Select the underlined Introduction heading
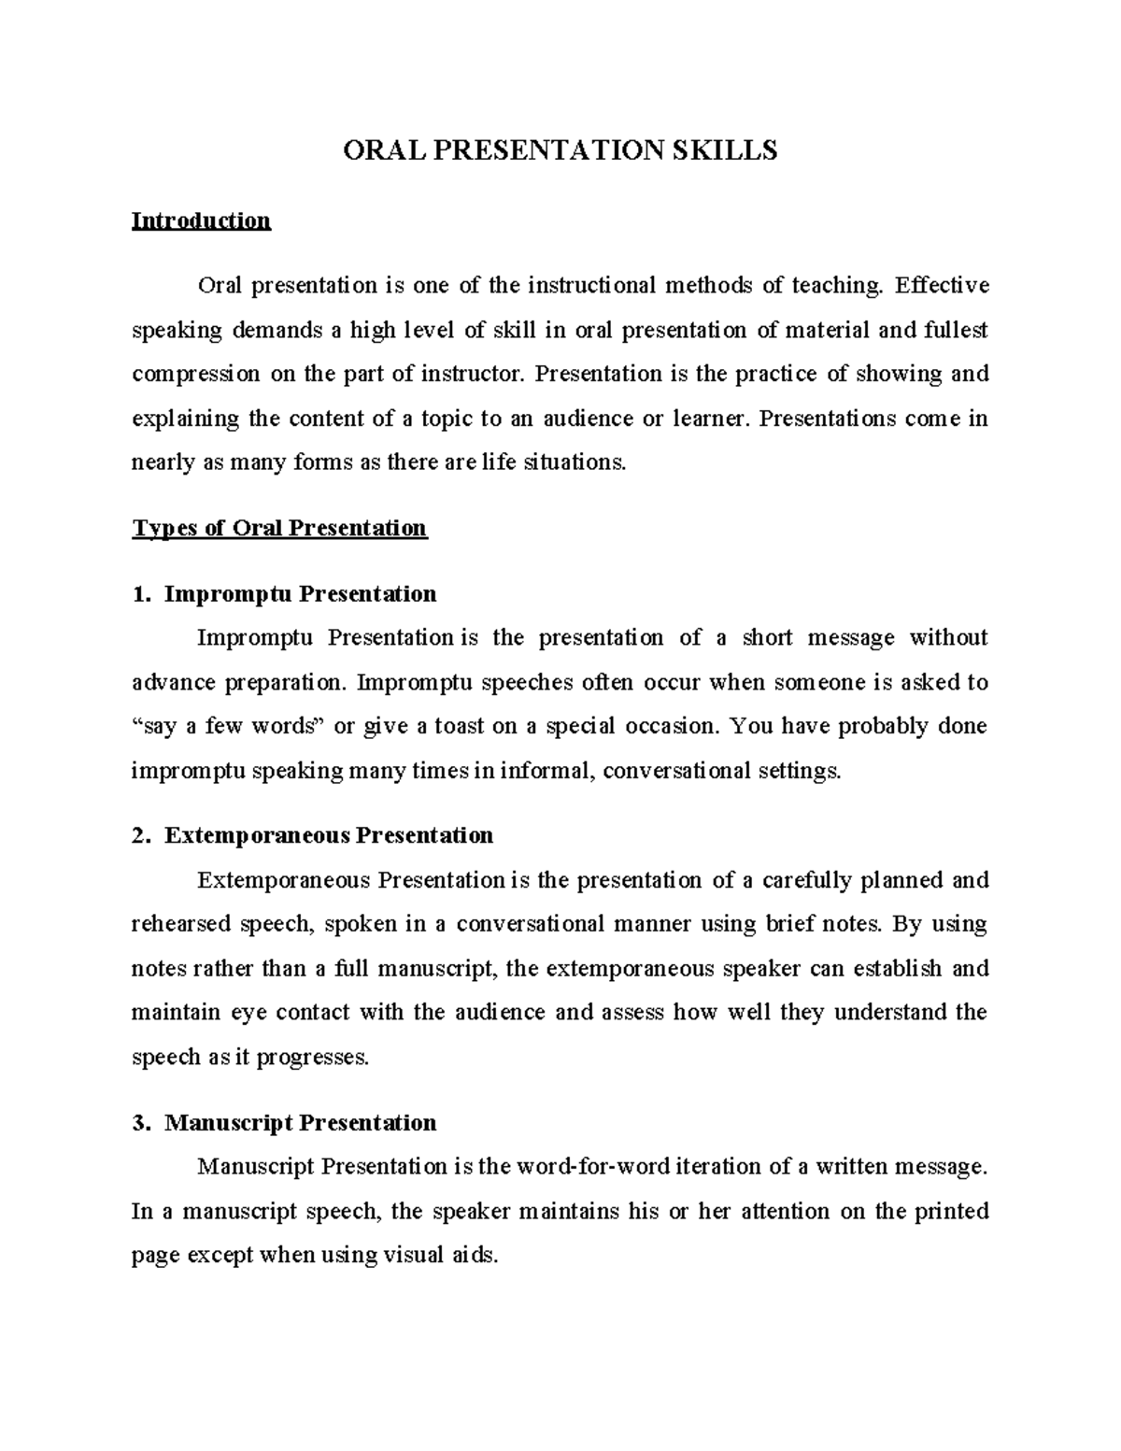(201, 220)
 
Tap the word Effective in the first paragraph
(942, 285)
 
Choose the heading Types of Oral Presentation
(279, 529)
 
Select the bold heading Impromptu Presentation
(300, 594)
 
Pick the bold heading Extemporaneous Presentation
(329, 835)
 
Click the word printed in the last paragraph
(950, 1212)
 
